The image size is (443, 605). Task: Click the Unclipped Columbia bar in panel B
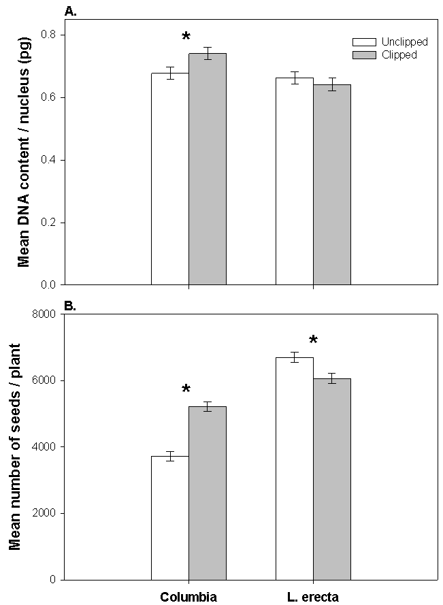click(x=169, y=518)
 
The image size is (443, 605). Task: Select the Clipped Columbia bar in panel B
click(x=207, y=493)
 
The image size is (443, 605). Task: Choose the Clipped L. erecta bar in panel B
click(x=332, y=479)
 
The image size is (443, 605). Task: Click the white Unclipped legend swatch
click(x=361, y=42)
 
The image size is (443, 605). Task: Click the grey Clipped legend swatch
click(x=361, y=54)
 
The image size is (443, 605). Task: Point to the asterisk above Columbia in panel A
click(x=186, y=37)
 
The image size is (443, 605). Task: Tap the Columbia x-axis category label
click(x=188, y=598)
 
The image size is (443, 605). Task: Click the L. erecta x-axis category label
click(x=312, y=598)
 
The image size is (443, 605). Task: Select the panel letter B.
click(x=69, y=306)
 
